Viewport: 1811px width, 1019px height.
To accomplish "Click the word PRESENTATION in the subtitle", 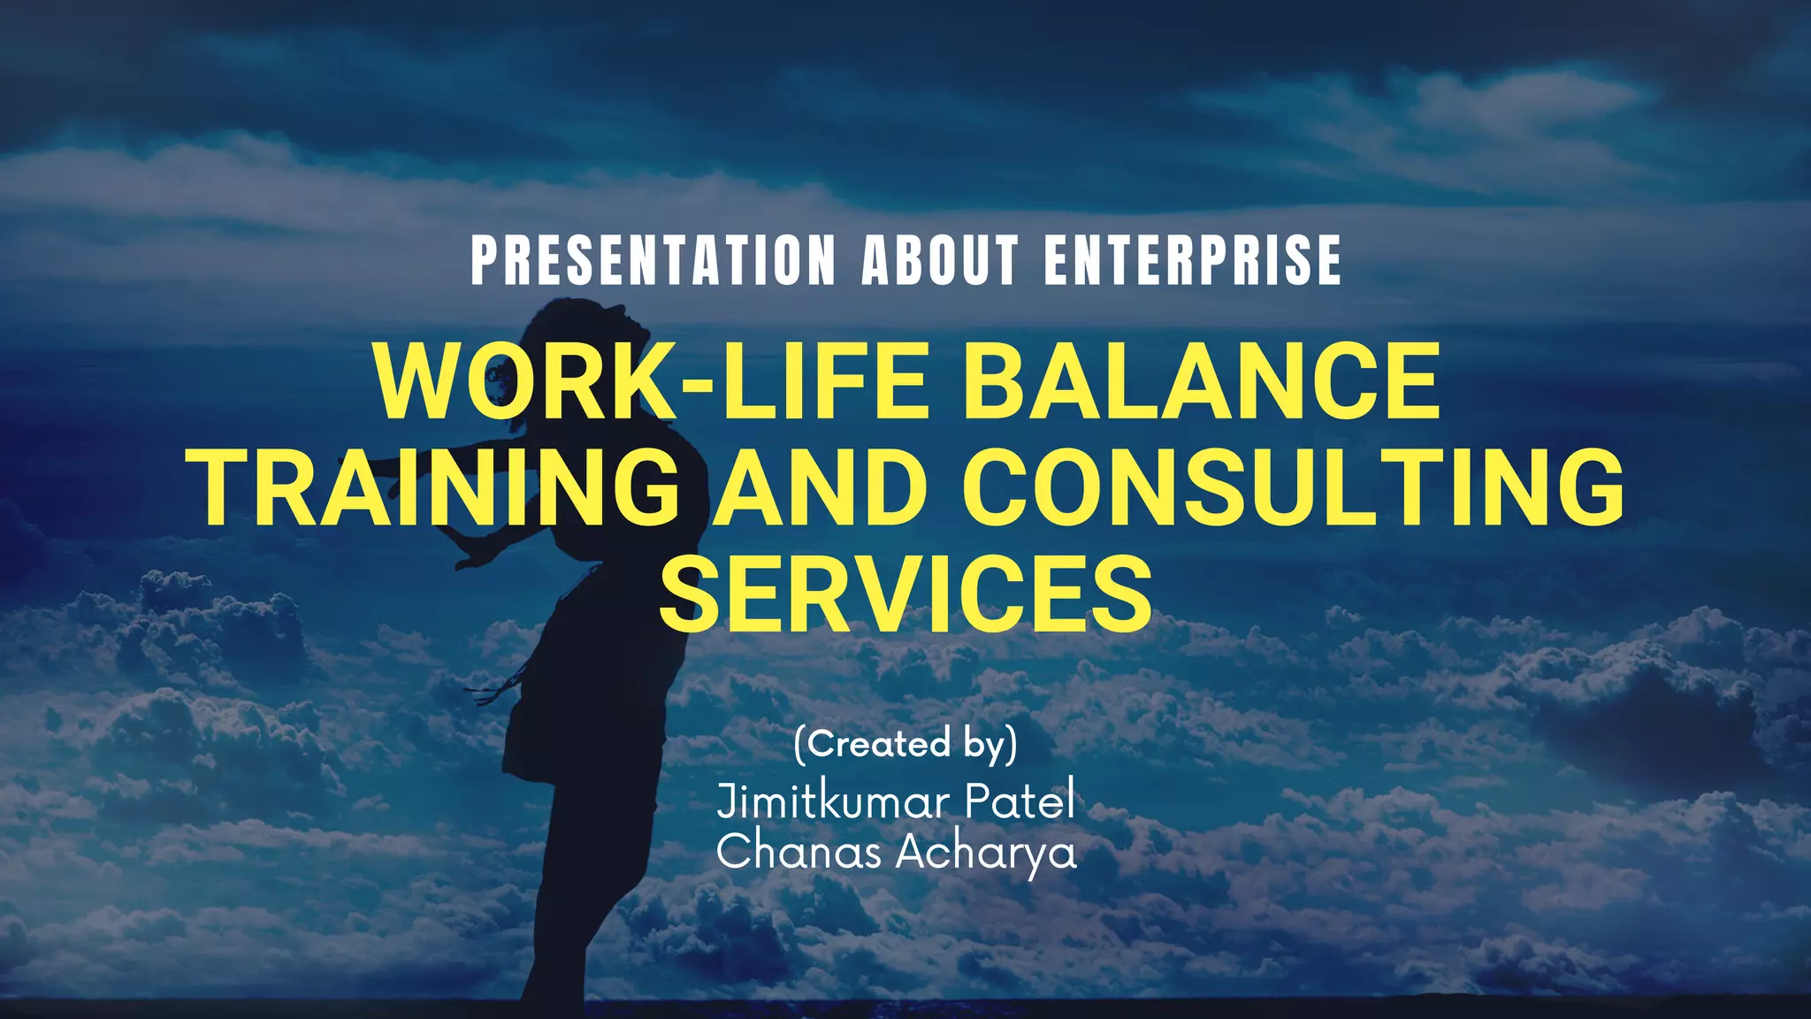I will click(653, 261).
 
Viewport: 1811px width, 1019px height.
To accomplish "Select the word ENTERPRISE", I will click(1192, 261).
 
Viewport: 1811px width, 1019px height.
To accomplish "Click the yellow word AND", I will click(821, 488).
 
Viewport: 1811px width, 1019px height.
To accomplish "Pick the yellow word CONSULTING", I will click(1293, 488).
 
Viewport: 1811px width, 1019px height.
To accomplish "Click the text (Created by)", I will click(905, 744).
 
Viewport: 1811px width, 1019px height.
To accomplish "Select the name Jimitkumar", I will click(832, 801).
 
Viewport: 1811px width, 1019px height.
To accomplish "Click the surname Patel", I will click(1020, 801).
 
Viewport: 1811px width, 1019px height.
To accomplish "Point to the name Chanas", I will click(799, 853).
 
